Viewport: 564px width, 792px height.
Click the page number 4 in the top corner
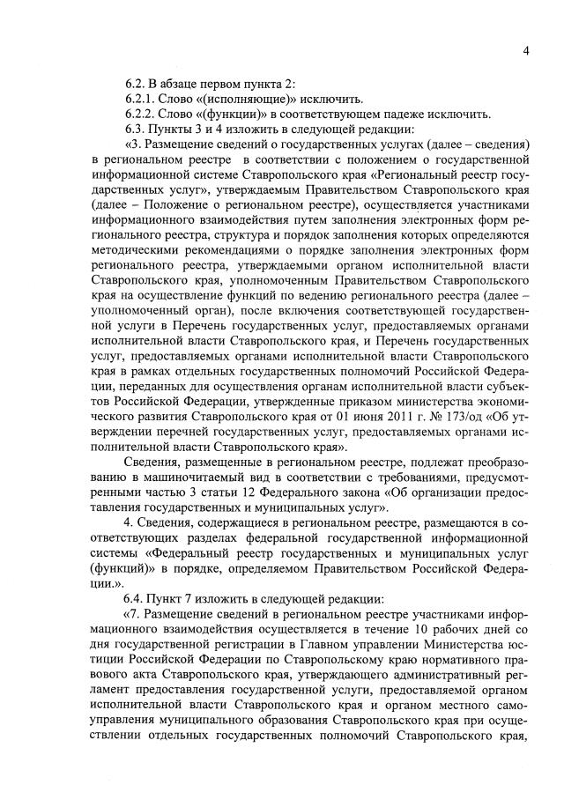click(x=525, y=50)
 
